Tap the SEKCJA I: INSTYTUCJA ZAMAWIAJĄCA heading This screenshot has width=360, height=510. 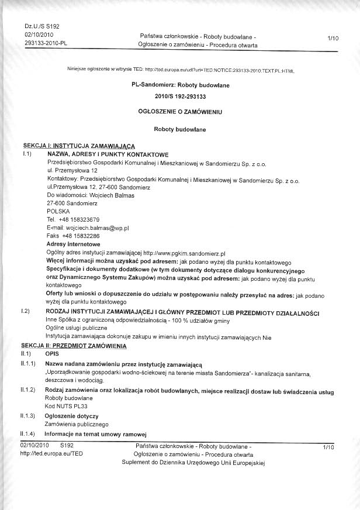point(78,144)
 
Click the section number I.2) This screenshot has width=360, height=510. point(25,312)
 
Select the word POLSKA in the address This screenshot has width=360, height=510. point(58,211)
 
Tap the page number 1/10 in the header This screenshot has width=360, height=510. point(333,38)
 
